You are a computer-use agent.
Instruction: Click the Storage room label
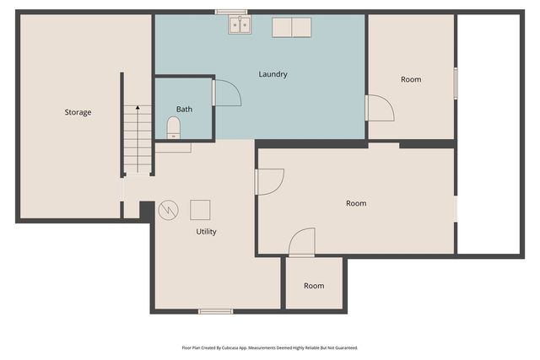coord(78,112)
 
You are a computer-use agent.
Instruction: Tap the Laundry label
coord(273,74)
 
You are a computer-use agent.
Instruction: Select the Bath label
coord(184,110)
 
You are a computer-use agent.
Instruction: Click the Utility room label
coord(206,231)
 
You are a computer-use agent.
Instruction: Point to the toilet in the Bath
coord(174,127)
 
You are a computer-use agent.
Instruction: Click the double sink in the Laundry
coord(239,26)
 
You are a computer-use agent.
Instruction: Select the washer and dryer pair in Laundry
coord(291,27)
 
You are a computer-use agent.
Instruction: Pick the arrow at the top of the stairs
coord(138,110)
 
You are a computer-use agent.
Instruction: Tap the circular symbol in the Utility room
coord(168,208)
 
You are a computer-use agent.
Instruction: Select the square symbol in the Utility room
coord(200,208)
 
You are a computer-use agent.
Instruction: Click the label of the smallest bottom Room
coord(314,286)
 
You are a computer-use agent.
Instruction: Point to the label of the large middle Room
coord(356,203)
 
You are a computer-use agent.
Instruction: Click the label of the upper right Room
coord(411,79)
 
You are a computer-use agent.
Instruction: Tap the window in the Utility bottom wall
coord(215,312)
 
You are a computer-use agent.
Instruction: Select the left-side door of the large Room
coord(269,181)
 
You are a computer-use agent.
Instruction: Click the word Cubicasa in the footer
coord(239,347)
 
